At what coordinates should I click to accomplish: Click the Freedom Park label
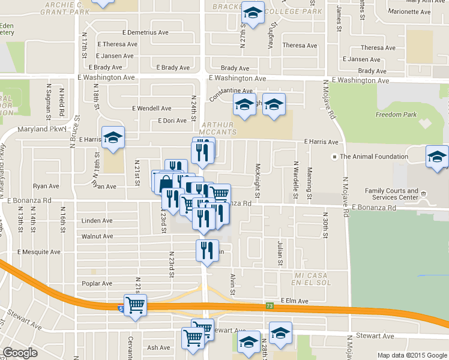pyautogui.click(x=396, y=114)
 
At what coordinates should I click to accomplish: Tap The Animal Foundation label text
pyautogui.click(x=374, y=157)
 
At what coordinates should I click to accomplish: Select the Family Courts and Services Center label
pyautogui.click(x=392, y=194)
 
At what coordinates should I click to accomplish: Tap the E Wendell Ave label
pyautogui.click(x=151, y=109)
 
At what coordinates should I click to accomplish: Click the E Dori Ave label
pyautogui.click(x=172, y=121)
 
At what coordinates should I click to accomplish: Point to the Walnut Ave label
pyautogui.click(x=97, y=237)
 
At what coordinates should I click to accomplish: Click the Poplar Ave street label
pyautogui.click(x=98, y=283)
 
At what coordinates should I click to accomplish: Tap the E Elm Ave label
pyautogui.click(x=294, y=301)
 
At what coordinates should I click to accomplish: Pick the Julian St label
pyautogui.click(x=280, y=253)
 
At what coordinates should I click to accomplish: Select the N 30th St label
pyautogui.click(x=325, y=224)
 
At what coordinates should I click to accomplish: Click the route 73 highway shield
pyautogui.click(x=270, y=307)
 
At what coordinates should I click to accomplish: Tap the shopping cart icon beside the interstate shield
pyautogui.click(x=135, y=305)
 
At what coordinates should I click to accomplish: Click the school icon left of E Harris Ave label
pyautogui.click(x=112, y=138)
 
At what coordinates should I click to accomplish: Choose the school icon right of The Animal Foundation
pyautogui.click(x=436, y=157)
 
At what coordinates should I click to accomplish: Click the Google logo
pyautogui.click(x=20, y=353)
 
